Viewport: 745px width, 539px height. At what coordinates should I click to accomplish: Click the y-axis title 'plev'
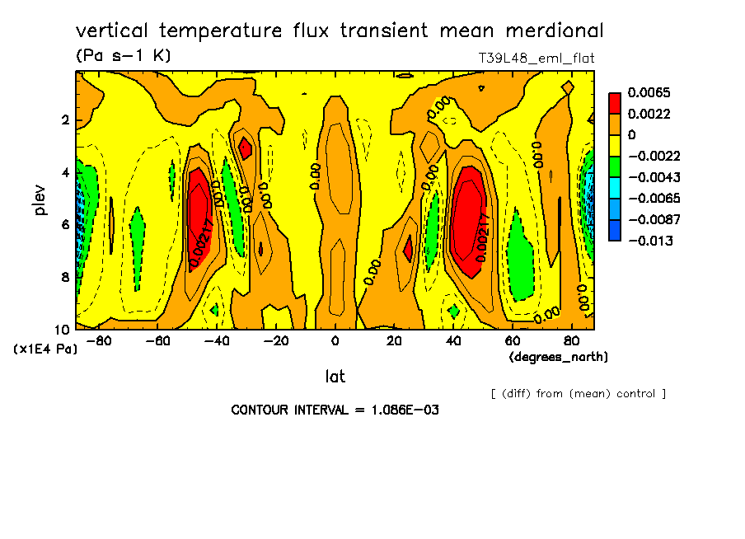pyautogui.click(x=40, y=199)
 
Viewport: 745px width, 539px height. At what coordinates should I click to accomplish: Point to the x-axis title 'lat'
pyautogui.click(x=335, y=377)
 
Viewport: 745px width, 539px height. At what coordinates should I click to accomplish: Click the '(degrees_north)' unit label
pyautogui.click(x=559, y=357)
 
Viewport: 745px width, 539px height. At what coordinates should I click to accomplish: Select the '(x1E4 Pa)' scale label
pyautogui.click(x=45, y=349)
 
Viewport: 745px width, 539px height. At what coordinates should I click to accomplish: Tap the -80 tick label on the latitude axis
pyautogui.click(x=99, y=341)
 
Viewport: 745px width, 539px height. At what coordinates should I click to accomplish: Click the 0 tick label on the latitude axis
pyautogui.click(x=335, y=341)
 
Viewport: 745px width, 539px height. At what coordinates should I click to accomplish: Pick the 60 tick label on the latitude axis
pyautogui.click(x=513, y=341)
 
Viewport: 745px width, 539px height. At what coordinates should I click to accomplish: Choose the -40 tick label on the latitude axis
pyautogui.click(x=217, y=341)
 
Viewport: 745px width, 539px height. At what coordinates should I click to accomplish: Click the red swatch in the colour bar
pyautogui.click(x=614, y=103)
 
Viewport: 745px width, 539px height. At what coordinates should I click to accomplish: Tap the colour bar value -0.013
pyautogui.click(x=650, y=241)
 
